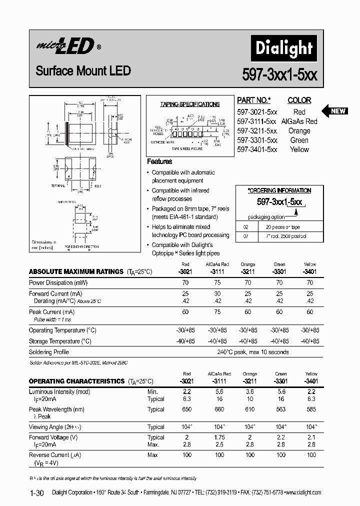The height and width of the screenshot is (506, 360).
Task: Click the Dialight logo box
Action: [x=283, y=48]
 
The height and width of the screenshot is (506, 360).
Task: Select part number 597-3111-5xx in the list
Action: [x=256, y=121]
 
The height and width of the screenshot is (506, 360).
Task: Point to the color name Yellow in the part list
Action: [x=299, y=149]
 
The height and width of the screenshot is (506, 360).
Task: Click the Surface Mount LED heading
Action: [x=83, y=71]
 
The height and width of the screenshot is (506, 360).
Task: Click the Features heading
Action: [x=159, y=161]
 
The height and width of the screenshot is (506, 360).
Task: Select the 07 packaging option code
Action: [x=245, y=235]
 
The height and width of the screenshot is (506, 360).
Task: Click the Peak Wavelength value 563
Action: [x=279, y=409]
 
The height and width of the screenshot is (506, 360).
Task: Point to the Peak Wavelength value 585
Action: [x=311, y=409]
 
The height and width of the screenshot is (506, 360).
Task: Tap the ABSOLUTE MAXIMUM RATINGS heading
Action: [x=76, y=271]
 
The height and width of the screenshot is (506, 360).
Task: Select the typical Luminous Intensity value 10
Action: [x=249, y=399]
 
